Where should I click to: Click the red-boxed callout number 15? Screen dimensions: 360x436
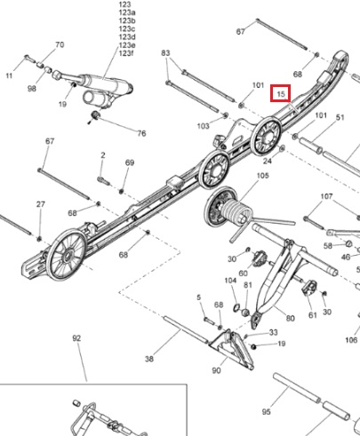[281, 94]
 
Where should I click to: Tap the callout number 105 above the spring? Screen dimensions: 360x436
[262, 176]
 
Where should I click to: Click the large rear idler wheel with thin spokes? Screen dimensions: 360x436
[67, 255]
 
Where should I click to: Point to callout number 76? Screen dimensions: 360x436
[141, 133]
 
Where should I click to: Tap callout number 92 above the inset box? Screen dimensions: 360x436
[76, 338]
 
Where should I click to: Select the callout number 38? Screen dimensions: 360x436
[149, 359]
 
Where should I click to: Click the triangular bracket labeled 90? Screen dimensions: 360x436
[232, 349]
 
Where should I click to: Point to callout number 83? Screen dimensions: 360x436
[165, 53]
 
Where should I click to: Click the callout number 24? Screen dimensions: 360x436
[268, 161]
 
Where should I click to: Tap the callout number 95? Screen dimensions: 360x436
[266, 412]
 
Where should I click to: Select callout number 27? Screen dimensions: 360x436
[41, 204]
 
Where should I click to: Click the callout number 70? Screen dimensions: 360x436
[60, 44]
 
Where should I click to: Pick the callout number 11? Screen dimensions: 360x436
[9, 75]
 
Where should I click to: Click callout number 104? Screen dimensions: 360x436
[230, 281]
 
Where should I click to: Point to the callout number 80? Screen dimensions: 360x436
[291, 318]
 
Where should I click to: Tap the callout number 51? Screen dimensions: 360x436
[340, 118]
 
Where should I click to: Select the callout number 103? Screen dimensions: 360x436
[204, 126]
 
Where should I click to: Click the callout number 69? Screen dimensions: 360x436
[130, 163]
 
